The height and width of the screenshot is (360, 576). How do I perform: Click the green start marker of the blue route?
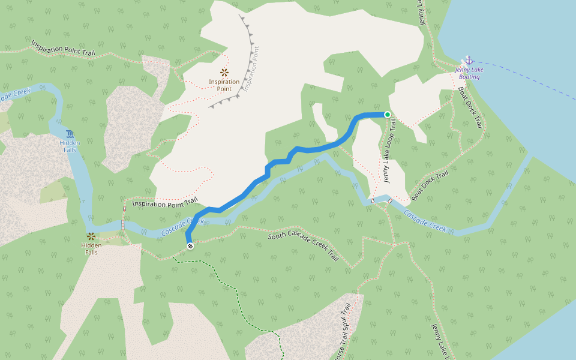[388, 115]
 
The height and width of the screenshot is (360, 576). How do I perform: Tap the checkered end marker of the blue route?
[190, 246]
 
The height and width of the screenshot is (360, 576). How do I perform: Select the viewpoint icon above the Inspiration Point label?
[224, 73]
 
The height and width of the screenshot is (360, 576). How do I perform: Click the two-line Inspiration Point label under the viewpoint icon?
[224, 85]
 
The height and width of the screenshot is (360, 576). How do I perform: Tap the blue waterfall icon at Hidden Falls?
[70, 134]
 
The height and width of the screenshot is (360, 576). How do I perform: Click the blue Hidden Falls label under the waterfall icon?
[70, 146]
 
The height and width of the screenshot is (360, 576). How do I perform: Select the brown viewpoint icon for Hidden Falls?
[91, 236]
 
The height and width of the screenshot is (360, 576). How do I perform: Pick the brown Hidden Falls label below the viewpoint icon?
[91, 248]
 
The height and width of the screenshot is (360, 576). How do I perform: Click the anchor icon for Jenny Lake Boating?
[469, 61]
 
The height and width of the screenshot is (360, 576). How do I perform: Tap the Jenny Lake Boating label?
[469, 73]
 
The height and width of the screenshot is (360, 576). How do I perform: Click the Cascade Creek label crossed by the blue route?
[182, 226]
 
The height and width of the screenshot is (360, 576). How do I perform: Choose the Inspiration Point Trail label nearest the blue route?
[164, 202]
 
